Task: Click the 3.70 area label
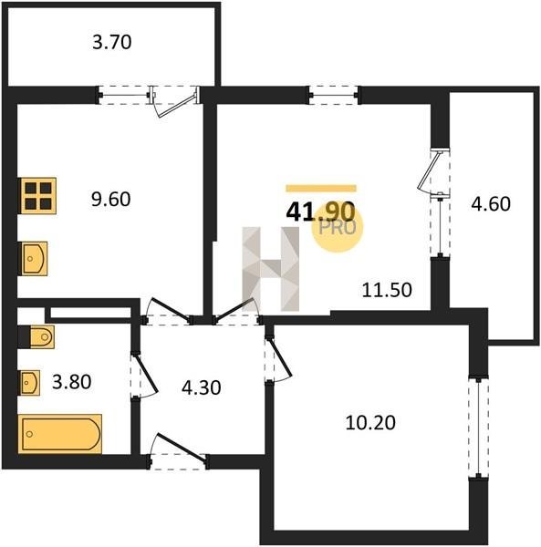[x=112, y=43]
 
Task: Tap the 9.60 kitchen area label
[x=111, y=200]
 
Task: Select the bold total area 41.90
[x=320, y=212]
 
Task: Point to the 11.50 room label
[x=387, y=290]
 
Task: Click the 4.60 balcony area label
[x=491, y=204]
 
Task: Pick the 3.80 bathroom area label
[x=71, y=382]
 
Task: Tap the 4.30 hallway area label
[x=202, y=388]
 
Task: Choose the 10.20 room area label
[x=370, y=423]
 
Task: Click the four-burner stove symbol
[x=38, y=196]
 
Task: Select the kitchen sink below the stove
[x=34, y=259]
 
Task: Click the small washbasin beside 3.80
[x=30, y=383]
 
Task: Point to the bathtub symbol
[x=59, y=434]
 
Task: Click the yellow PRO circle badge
[x=338, y=227]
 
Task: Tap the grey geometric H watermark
[x=271, y=269]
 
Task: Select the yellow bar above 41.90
[x=321, y=189]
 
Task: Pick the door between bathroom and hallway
[x=143, y=376]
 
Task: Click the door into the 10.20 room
[x=276, y=358]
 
